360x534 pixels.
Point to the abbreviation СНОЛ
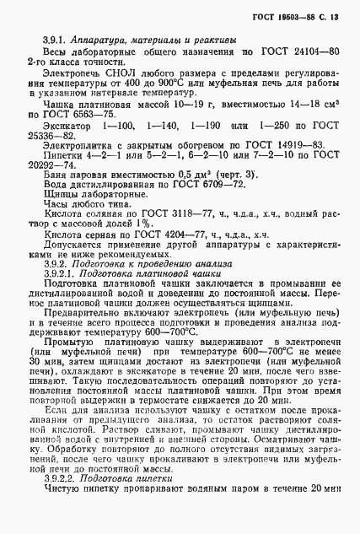[x=114, y=73]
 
